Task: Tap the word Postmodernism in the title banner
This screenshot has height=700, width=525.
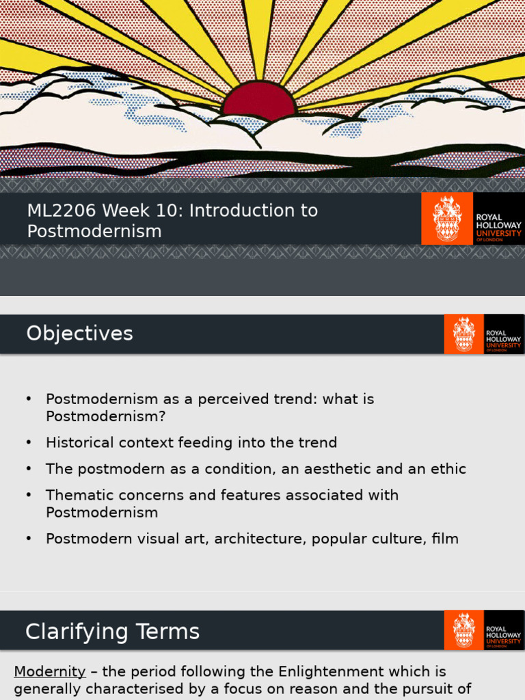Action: click(x=94, y=232)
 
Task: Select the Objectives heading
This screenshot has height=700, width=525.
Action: click(x=79, y=334)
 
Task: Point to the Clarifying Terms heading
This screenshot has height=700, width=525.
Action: click(x=112, y=632)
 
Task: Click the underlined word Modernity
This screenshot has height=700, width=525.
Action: click(x=50, y=671)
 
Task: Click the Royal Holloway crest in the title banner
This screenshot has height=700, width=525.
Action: click(x=447, y=219)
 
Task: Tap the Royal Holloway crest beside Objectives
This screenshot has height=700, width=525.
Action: click(x=464, y=334)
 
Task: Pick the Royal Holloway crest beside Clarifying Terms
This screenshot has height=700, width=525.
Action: click(x=464, y=630)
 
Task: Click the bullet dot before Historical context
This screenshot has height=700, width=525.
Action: click(x=29, y=443)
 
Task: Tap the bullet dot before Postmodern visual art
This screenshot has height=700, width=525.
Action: click(x=29, y=539)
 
